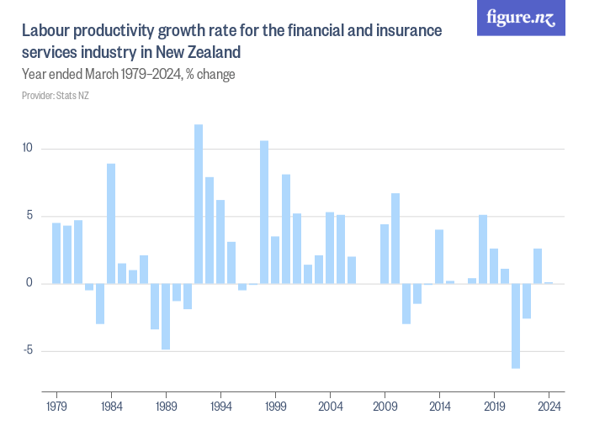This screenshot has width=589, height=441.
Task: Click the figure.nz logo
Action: (x=521, y=18)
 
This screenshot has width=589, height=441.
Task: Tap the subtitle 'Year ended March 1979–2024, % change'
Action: (x=128, y=74)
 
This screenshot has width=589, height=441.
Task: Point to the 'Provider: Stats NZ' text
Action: (x=56, y=96)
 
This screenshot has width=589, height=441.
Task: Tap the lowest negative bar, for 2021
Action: (x=516, y=325)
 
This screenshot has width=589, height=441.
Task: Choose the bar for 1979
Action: (x=56, y=253)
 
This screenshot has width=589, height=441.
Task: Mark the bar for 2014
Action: (x=439, y=256)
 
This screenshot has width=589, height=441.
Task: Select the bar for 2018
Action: (x=483, y=249)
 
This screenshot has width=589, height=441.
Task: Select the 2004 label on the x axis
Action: (x=330, y=405)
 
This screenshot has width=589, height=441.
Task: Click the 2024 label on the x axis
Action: (x=549, y=405)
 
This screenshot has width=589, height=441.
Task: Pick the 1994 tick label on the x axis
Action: (x=220, y=405)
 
